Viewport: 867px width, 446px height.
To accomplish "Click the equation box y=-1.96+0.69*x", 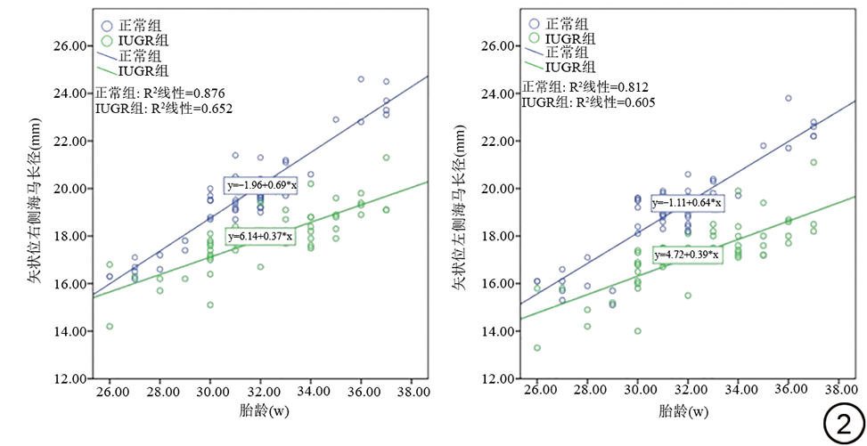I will tap(260, 184).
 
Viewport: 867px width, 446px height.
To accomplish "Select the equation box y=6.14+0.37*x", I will tap(260, 237).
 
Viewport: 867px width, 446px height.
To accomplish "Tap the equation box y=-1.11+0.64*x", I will tap(687, 203).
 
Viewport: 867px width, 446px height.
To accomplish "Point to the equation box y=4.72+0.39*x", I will tap(686, 255).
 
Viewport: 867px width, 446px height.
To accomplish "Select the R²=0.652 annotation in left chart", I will tap(163, 109).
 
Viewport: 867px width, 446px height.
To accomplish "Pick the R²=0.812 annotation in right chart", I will tap(585, 86).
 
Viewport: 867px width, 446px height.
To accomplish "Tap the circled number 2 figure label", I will tap(843, 424).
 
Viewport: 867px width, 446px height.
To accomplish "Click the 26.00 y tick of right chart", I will tap(494, 46).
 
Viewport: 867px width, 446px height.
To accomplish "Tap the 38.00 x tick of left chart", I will tap(410, 392).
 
